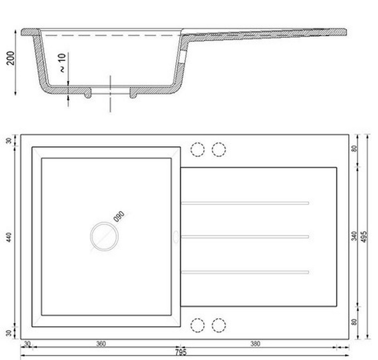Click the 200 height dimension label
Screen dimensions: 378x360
[11, 58]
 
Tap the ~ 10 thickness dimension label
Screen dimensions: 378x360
[62, 63]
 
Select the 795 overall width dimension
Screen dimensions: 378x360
[181, 353]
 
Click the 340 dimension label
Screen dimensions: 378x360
[354, 236]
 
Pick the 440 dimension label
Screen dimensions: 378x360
[9, 237]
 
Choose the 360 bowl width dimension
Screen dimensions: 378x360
[101, 344]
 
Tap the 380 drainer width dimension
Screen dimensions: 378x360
[255, 344]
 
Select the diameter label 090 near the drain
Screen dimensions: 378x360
[119, 216]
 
